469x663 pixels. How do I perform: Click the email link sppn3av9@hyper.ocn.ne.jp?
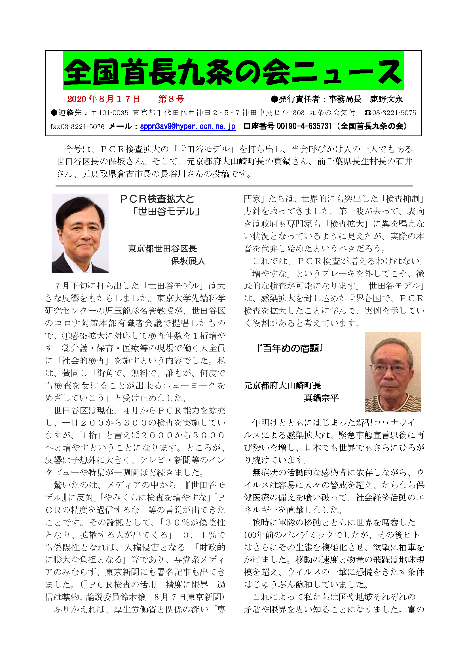[187, 126]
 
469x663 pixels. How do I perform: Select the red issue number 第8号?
[171, 99]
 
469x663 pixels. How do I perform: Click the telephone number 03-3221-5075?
[394, 113]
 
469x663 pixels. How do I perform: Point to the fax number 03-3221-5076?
[82, 126]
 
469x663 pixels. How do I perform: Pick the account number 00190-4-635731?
[304, 126]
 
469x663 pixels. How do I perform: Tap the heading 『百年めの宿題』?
[291, 348]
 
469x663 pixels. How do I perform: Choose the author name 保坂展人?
[188, 261]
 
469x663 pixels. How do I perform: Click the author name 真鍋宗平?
[321, 398]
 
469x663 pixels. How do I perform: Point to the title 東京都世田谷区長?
[162, 249]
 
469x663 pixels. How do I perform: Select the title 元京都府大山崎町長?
[282, 385]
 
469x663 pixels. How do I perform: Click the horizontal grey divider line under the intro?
[234, 186]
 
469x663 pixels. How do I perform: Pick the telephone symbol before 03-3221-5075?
[367, 113]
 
